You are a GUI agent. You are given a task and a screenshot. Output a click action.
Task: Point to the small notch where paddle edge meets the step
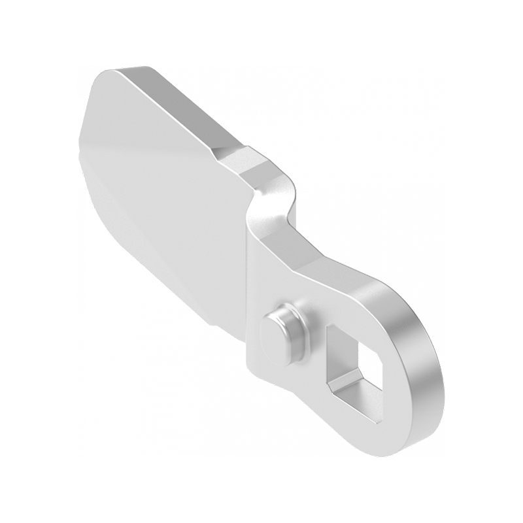[x=219, y=154]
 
